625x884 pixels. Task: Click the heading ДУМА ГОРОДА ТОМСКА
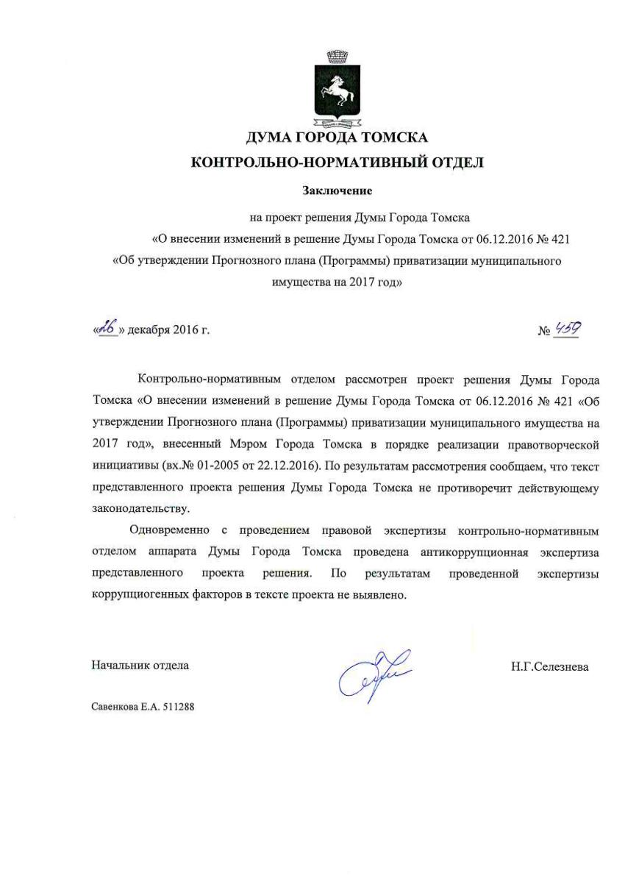point(337,138)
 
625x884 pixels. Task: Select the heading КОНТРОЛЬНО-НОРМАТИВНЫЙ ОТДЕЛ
point(337,163)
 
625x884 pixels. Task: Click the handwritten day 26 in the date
point(107,329)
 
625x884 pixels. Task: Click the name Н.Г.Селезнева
point(549,667)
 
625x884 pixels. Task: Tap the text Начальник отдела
point(140,666)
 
